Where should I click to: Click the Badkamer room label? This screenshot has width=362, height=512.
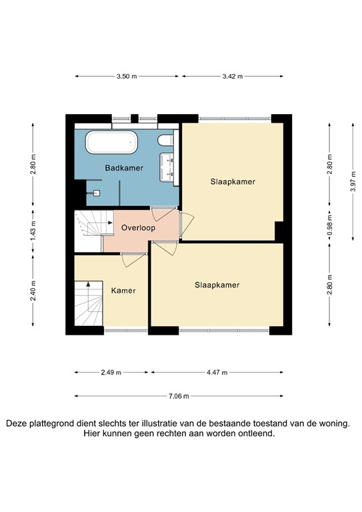(124, 169)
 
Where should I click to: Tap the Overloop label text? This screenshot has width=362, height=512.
(138, 228)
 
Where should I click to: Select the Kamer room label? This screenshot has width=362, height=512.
(123, 291)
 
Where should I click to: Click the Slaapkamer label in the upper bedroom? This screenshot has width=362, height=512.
(233, 181)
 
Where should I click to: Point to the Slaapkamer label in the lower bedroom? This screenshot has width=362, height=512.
(217, 285)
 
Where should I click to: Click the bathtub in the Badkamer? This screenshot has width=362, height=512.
(111, 142)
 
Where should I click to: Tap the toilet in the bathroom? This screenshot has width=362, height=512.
(167, 140)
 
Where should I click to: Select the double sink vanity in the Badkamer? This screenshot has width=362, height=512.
(167, 167)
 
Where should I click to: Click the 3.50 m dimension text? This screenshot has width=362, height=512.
(126, 77)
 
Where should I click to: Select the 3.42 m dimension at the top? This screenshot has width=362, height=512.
(233, 77)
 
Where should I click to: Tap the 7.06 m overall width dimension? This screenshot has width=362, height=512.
(179, 395)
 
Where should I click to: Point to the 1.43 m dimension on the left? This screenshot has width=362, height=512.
(33, 229)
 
